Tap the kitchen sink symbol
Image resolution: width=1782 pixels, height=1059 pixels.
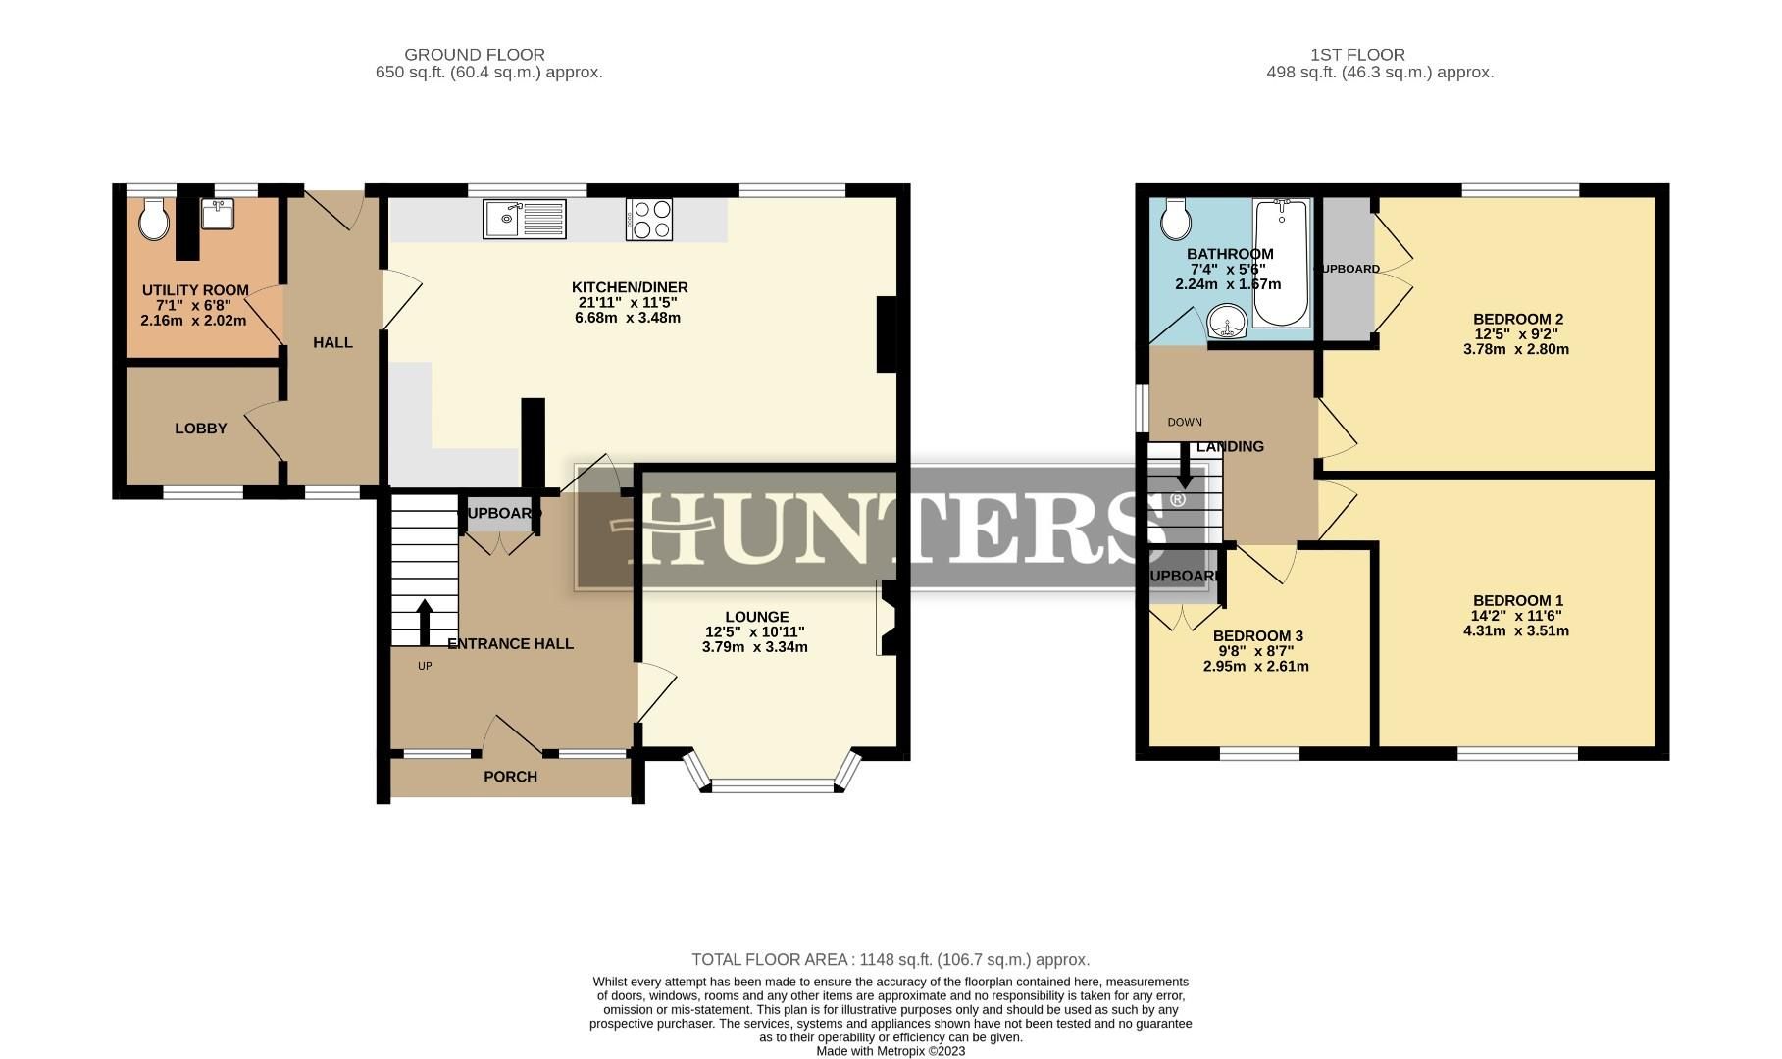coord(524,219)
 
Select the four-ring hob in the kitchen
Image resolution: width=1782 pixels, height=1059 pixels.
coord(649,219)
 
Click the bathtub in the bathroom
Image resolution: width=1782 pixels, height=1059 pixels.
coord(1282,262)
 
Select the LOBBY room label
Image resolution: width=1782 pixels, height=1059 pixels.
coord(201,429)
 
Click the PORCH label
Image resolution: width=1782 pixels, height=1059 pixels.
coord(510,777)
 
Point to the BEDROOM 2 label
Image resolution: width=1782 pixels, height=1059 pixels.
coord(1517,319)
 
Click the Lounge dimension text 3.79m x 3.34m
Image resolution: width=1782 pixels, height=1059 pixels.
coord(754,647)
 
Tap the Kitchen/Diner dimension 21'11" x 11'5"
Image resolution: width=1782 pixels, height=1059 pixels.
coord(628,303)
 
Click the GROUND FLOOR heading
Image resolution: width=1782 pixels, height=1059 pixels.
coord(475,55)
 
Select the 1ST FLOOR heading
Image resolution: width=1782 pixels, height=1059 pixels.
coord(1357,55)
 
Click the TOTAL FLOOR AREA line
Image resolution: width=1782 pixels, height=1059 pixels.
coord(891,960)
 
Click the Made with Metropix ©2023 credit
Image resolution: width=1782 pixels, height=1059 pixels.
coord(891,1051)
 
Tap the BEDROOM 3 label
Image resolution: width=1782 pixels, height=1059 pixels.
coord(1257,635)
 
